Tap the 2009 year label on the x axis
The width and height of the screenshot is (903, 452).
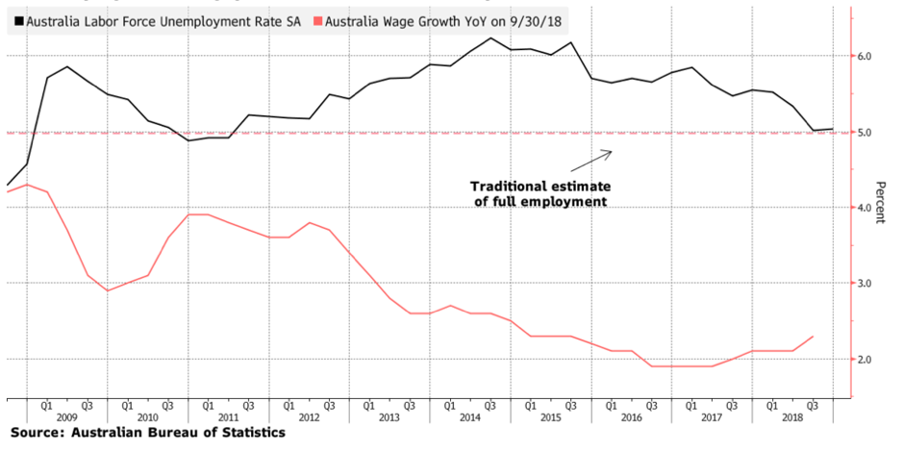click(x=66, y=417)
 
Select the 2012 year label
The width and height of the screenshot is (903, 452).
click(x=309, y=417)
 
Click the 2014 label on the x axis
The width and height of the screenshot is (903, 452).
click(x=470, y=417)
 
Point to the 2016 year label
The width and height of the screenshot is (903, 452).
click(x=632, y=417)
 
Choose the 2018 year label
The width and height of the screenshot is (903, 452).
click(x=792, y=417)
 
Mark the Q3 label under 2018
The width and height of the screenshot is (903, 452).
click(x=813, y=405)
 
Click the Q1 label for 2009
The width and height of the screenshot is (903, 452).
click(x=46, y=405)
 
